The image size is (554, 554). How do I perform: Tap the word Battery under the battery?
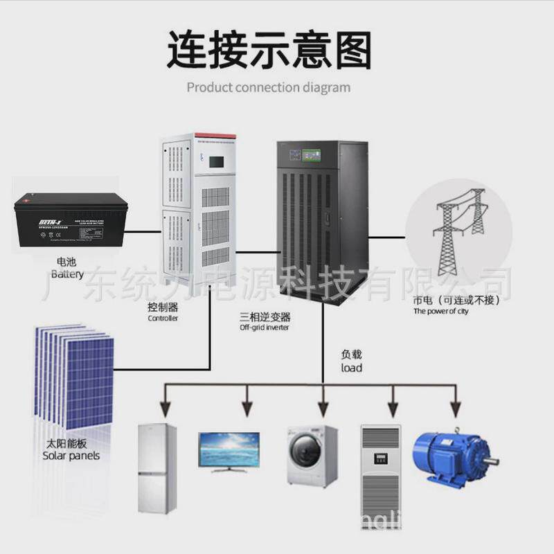66,274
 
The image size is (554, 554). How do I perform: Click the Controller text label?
163,319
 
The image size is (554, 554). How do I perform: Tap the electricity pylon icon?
458,228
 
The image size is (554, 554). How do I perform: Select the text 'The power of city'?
441,312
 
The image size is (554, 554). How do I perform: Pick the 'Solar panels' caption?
71,456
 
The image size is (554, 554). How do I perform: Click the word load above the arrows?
351,368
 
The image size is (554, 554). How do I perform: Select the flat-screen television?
229,450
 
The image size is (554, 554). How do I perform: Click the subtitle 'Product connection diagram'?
269,88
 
